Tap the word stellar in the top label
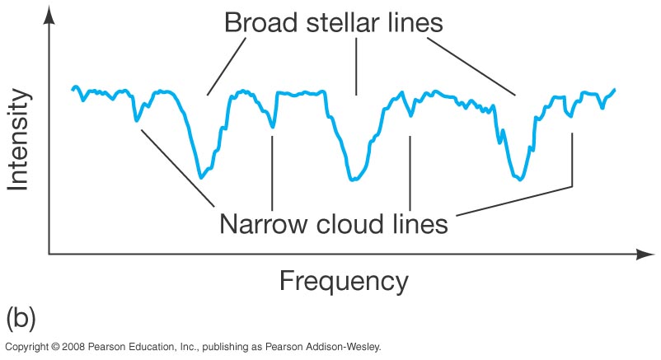point(336,22)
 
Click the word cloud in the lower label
point(350,223)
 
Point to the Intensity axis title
point(19,139)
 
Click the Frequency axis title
point(344,281)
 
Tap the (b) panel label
point(21,318)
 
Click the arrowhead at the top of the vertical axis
point(49,16)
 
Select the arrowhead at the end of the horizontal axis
point(645,255)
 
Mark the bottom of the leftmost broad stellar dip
point(200,178)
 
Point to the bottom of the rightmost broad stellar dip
point(520,180)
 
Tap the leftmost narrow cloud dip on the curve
point(136,121)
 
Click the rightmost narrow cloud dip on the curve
point(572,116)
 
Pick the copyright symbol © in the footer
point(55,347)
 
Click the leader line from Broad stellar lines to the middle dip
point(357,67)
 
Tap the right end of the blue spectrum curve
point(615,89)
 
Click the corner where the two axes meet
point(49,255)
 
